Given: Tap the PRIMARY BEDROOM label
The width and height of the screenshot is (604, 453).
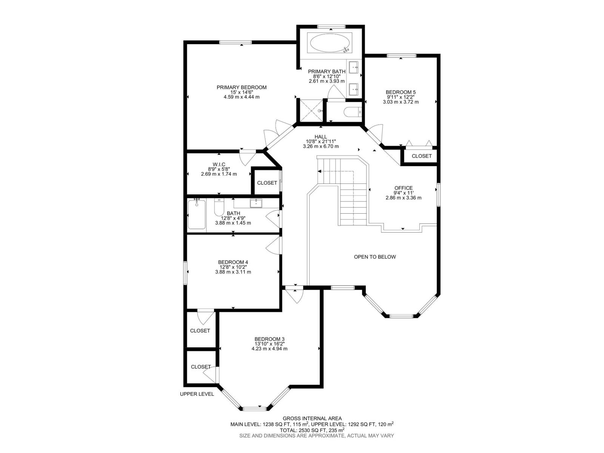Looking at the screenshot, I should click(242, 87).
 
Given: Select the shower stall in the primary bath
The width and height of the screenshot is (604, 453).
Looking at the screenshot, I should click(311, 110).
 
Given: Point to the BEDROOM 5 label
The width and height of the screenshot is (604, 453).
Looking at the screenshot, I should click(401, 92).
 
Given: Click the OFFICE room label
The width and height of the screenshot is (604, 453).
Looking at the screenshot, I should click(404, 188).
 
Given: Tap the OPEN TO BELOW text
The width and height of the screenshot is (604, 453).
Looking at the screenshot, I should click(375, 257).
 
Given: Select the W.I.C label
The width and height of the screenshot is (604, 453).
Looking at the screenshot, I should click(219, 164).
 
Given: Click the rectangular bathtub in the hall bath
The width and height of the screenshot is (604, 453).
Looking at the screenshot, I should click(197, 214).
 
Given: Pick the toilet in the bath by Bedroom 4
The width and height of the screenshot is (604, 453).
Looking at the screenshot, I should click(219, 208).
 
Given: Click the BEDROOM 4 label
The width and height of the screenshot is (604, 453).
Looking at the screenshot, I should click(233, 262).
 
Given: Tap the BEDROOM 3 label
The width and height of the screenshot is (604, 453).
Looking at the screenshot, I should click(269, 339).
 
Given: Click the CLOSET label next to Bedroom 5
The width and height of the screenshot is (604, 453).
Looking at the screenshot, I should click(421, 156).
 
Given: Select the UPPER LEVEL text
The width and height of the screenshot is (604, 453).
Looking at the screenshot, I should click(197, 394).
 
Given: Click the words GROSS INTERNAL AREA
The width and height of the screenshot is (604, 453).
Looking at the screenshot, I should click(312, 418).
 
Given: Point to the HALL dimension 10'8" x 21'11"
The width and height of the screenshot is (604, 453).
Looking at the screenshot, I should click(320, 142).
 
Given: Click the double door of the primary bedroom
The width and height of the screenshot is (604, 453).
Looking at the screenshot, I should click(275, 133).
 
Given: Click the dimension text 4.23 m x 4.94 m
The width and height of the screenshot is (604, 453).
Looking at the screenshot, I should click(269, 348).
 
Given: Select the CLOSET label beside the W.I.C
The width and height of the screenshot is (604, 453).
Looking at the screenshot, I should click(267, 183).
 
